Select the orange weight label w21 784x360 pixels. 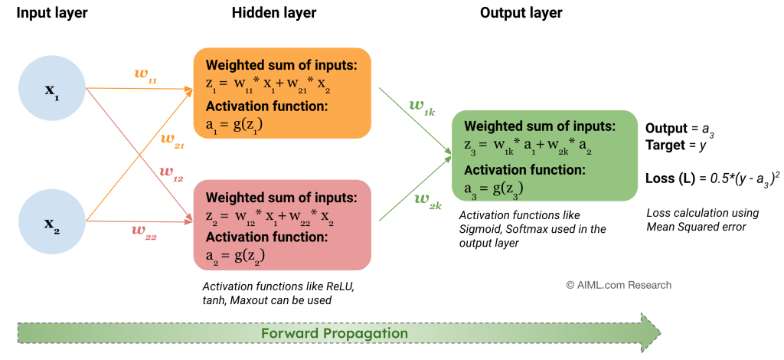tap(172, 140)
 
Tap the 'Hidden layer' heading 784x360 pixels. tap(274, 13)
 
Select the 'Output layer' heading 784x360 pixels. tap(521, 13)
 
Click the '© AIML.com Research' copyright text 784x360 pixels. tap(619, 285)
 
